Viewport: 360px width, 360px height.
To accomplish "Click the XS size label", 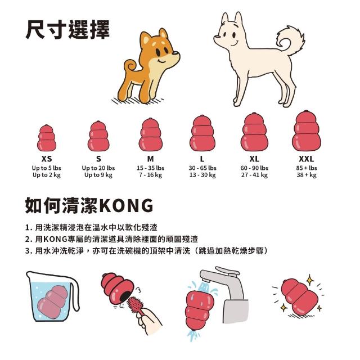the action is click(47, 159).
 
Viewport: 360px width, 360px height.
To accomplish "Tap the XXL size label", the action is click(306, 159).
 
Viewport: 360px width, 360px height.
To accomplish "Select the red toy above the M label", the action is click(150, 135).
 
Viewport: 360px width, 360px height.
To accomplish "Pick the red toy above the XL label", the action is click(254, 132).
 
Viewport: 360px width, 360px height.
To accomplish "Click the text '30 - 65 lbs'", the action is click(202, 168).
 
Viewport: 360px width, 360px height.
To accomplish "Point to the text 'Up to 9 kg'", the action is click(98, 175).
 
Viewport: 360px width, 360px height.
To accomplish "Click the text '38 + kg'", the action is click(307, 175).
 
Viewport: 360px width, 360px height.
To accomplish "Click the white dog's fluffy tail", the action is click(290, 40).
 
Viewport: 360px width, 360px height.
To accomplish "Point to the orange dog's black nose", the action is click(175, 53).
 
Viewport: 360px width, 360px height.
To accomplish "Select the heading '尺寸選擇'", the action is click(67, 30).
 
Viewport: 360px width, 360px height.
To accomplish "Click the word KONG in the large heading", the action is click(127, 205).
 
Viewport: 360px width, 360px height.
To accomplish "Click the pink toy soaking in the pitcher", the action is click(53, 301).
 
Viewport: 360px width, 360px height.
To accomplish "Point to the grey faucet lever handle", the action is click(227, 271).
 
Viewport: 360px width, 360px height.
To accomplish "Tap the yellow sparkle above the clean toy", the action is click(310, 280).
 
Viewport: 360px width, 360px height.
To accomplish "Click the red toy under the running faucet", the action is click(199, 309).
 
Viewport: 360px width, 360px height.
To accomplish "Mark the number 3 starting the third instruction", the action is click(27, 251).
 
